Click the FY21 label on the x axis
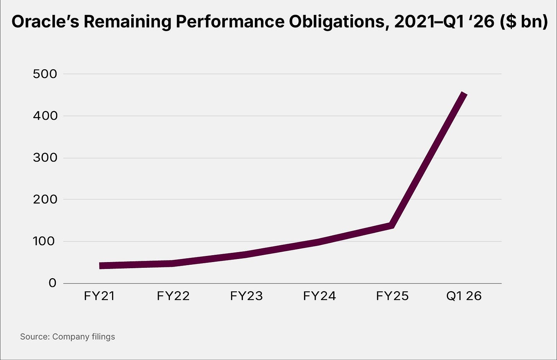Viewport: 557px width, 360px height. click(100, 296)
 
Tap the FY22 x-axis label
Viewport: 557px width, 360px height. click(173, 296)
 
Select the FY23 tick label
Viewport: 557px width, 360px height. click(246, 296)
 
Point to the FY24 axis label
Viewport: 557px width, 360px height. click(319, 296)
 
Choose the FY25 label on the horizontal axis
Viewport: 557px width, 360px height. click(393, 296)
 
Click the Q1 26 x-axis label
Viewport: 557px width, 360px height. click(464, 296)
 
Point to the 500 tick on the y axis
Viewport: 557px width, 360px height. click(45, 74)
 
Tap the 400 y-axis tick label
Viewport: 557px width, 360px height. click(45, 116)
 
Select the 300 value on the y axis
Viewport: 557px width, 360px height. click(45, 158)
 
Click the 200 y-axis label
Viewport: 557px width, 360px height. click(45, 199)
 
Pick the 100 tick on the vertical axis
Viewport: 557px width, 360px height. click(45, 241)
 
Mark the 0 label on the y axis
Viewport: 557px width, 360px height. click(52, 283)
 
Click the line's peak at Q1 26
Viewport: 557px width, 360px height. click(464, 94)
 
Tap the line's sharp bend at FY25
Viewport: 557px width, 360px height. click(391, 226)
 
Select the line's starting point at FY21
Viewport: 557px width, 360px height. click(100, 266)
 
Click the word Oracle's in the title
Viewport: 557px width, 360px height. click(44, 22)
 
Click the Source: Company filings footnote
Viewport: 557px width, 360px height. click(67, 337)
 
